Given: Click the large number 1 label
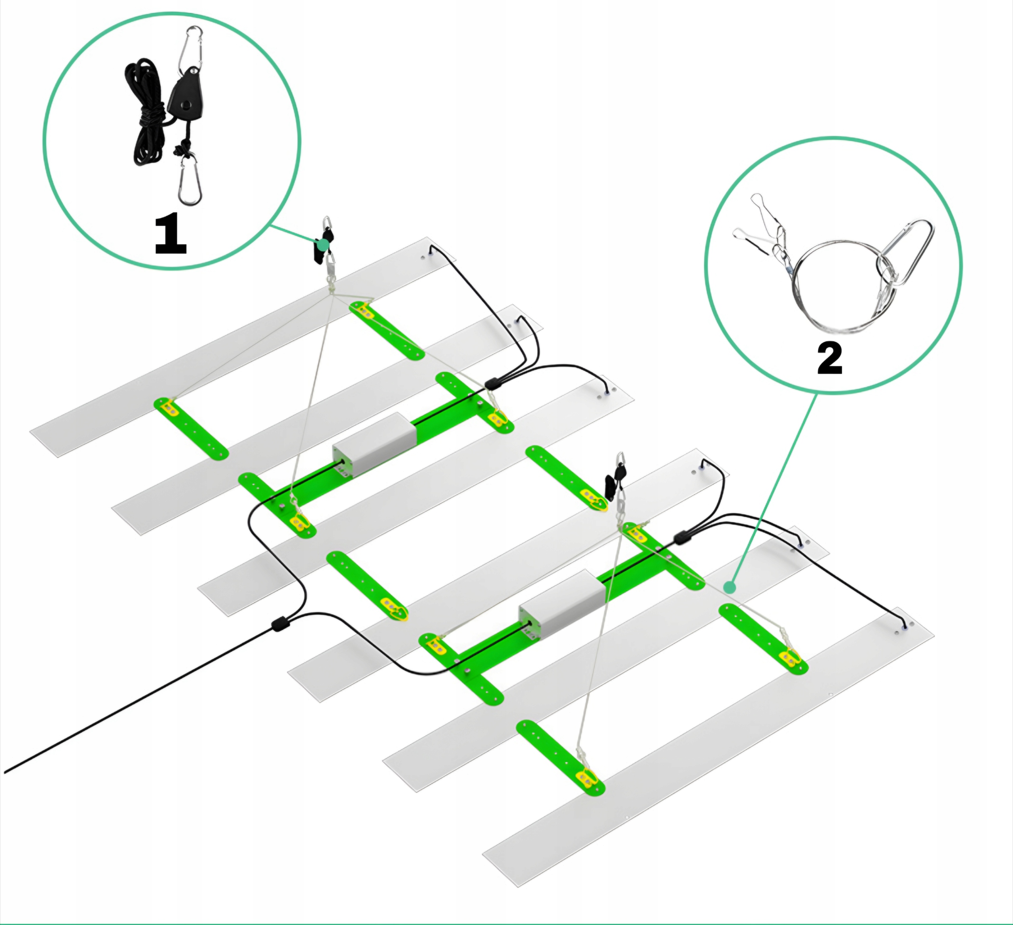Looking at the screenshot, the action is point(171,234).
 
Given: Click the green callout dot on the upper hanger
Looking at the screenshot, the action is point(323,244).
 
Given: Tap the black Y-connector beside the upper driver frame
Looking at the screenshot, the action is point(494,384).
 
